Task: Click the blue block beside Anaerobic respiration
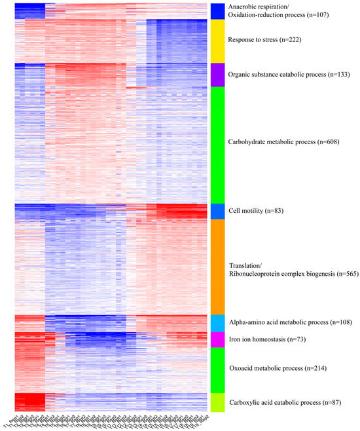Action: point(218,10)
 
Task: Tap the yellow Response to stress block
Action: point(218,41)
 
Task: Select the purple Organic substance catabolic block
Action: point(218,74)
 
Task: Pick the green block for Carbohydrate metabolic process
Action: point(218,144)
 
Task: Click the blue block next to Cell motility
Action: point(218,212)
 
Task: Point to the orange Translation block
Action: point(218,267)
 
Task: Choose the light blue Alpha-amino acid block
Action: point(218,324)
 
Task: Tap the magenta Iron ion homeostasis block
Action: point(218,339)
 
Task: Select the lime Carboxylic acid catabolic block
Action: point(218,402)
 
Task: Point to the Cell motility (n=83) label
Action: point(255,211)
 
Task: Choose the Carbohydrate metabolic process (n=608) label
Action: point(281,141)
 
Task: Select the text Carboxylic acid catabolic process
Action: point(281,402)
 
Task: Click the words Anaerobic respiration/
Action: point(261,7)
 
